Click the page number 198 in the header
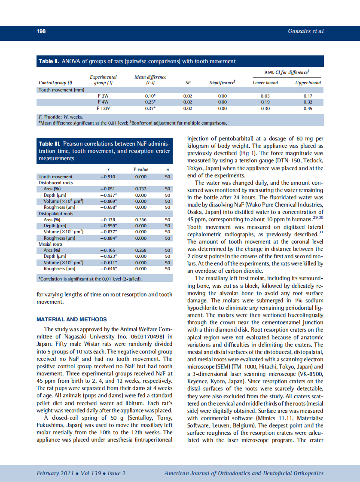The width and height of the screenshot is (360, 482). pyautogui.click(x=41, y=31)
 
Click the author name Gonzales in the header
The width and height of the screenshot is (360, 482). pyautogui.click(x=299, y=31)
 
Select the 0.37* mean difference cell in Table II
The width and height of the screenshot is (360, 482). pyautogui.click(x=150, y=109)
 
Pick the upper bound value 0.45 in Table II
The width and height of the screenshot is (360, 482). pyautogui.click(x=308, y=109)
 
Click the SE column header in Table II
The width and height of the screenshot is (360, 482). pyautogui.click(x=188, y=82)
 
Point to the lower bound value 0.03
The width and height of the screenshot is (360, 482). pyautogui.click(x=265, y=96)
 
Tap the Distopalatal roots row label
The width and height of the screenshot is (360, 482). pyautogui.click(x=56, y=214)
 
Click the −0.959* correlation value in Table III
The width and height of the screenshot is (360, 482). pyautogui.click(x=108, y=226)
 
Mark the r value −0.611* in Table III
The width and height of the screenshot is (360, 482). pyautogui.click(x=108, y=262)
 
